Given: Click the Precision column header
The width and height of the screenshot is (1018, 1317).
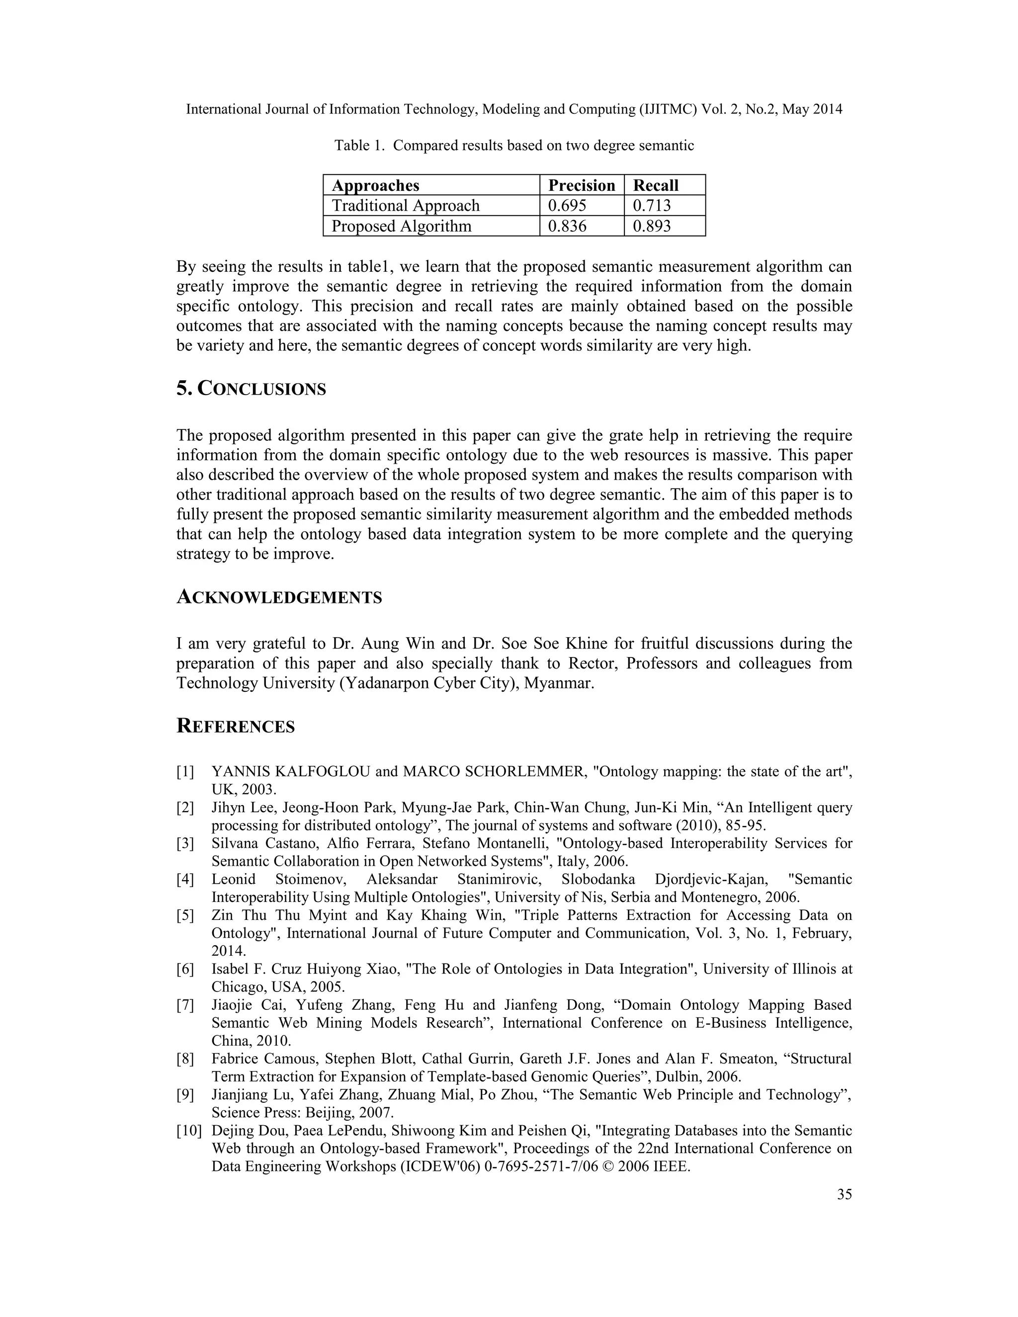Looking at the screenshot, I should tap(581, 185).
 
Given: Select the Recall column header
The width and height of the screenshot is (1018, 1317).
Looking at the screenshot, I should tap(655, 185).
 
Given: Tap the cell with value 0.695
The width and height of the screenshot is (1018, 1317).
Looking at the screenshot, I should tap(566, 206).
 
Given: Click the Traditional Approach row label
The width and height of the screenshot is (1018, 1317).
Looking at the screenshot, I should tap(405, 206).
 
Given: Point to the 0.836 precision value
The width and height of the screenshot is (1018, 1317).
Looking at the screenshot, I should tap(566, 226).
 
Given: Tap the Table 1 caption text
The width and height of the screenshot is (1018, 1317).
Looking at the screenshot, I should tap(514, 145).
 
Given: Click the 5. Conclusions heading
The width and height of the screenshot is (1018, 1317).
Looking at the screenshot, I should tap(251, 389).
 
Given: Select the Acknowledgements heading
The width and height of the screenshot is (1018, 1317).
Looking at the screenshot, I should tap(279, 597).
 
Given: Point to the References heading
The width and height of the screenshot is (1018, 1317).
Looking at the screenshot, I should tap(235, 726).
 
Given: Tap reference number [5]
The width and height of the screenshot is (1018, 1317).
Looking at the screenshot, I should tap(185, 915).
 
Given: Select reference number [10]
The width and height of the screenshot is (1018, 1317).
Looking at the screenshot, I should tap(189, 1131).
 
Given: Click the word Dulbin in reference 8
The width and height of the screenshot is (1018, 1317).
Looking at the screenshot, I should tap(679, 1076).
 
